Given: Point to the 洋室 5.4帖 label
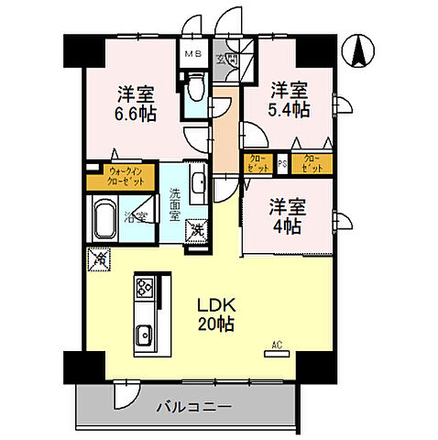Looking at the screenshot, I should [x=288, y=100].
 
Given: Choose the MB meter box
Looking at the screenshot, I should [x=192, y=54].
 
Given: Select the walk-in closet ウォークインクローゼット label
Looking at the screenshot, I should [x=126, y=176].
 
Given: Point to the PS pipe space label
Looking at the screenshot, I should [x=283, y=165].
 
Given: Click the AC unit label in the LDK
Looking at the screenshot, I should [x=275, y=346].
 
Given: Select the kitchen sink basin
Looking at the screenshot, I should [x=144, y=337].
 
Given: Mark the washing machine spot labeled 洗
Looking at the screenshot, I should [x=196, y=229].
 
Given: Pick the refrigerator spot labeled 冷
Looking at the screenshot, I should [x=97, y=259].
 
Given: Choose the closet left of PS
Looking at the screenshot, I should [x=257, y=165].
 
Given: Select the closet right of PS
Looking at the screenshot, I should [x=312, y=165].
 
